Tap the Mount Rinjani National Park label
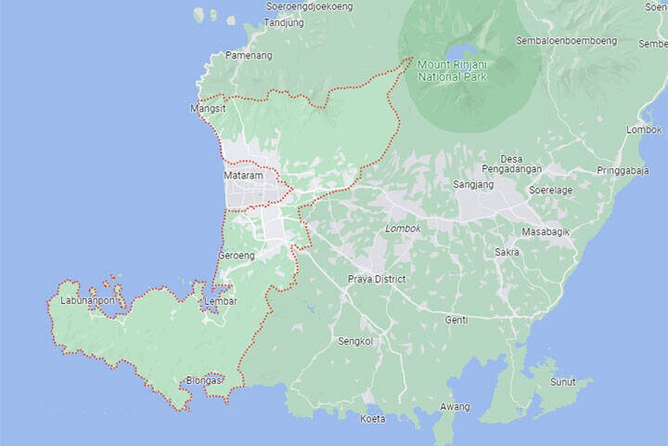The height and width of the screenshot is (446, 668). click(x=455, y=70)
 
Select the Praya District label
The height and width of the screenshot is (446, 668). click(x=377, y=279)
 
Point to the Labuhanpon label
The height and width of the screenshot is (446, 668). click(x=82, y=300)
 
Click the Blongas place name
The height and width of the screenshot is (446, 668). click(x=204, y=380)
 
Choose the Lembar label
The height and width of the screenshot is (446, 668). click(x=222, y=301)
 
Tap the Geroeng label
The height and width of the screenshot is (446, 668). click(x=236, y=255)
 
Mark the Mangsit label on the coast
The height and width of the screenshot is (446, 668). click(x=208, y=109)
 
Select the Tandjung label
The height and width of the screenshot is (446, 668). click(x=284, y=22)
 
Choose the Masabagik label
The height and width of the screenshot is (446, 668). click(x=545, y=230)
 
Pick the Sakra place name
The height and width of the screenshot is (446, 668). click(x=507, y=252)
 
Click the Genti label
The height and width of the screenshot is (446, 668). click(x=456, y=320)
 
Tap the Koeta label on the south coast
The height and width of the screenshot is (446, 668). click(x=372, y=419)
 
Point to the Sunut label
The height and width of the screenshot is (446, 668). click(x=562, y=382)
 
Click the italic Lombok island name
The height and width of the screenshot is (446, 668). click(x=403, y=229)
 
